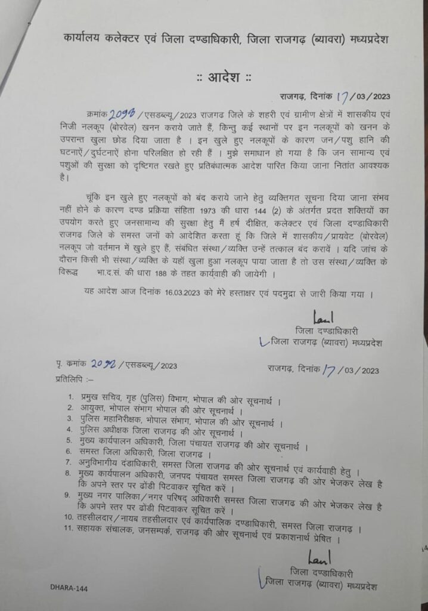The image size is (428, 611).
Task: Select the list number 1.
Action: pyautogui.click(x=70, y=397)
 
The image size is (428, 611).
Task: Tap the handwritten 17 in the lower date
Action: pyautogui.click(x=328, y=370)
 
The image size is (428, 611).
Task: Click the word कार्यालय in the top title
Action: pyautogui.click(x=83, y=39)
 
